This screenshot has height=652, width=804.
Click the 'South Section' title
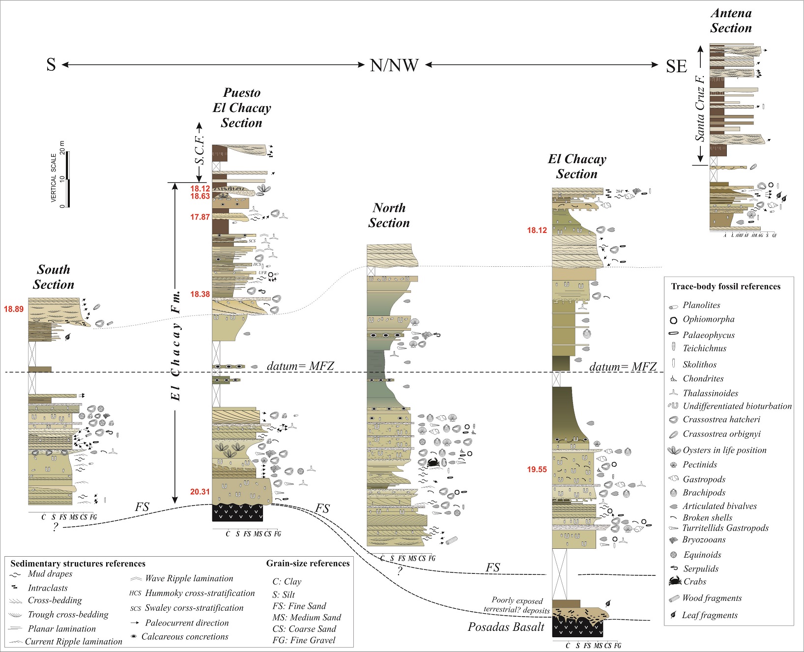point(54,277)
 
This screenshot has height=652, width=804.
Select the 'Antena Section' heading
point(731,21)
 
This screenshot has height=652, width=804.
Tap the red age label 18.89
point(14,309)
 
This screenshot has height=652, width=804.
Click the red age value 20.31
point(200,491)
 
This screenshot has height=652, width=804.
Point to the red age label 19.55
point(537,469)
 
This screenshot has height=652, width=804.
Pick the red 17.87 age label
point(200,217)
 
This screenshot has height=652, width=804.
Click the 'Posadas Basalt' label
point(506,627)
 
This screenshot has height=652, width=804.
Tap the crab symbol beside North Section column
point(433,462)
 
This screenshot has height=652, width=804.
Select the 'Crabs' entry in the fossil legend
point(694,582)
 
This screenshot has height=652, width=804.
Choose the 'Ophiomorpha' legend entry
point(708,319)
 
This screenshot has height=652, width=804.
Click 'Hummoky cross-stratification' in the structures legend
point(200,593)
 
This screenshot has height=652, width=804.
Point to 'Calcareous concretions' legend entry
point(185,636)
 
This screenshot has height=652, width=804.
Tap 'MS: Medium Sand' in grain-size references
point(307,617)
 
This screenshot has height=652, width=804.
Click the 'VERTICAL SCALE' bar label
point(54,178)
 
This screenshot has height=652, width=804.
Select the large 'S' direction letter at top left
point(51,65)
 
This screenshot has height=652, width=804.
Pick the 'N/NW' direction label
point(394,65)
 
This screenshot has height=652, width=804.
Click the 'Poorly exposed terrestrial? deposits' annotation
point(517,605)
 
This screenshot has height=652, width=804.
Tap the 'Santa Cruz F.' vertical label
point(700,108)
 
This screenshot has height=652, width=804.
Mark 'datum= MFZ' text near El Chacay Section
point(623,367)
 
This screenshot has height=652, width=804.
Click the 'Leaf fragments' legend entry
point(709,615)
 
